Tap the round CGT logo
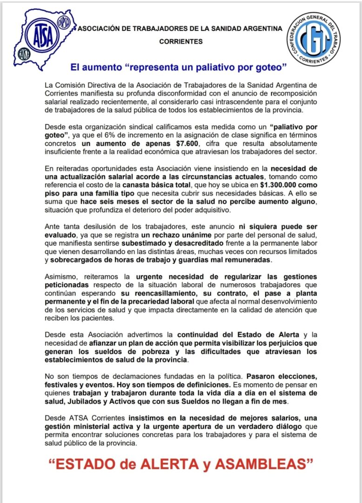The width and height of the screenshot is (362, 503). click(313, 39)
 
